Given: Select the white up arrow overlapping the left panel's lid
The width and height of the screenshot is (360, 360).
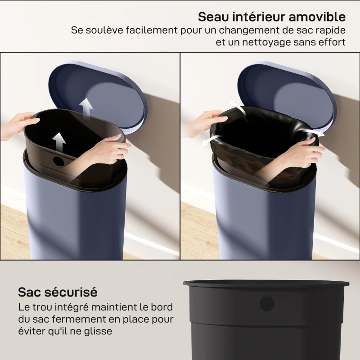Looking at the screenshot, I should pyautogui.click(x=86, y=107).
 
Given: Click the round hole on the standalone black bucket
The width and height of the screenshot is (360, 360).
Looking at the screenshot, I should pyautogui.click(x=267, y=304).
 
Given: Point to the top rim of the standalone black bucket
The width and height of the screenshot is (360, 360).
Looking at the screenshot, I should pyautogui.click(x=265, y=284).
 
